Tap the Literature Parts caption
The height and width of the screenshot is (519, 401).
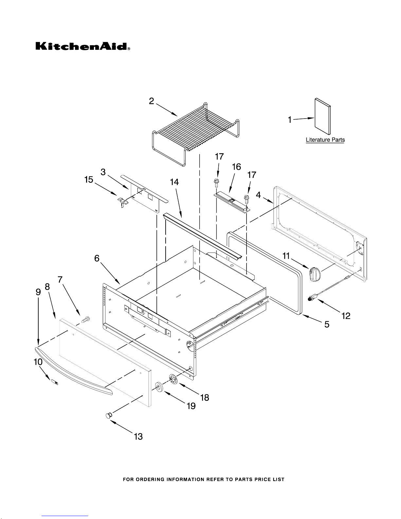325,140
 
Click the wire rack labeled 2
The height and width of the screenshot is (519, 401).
196,131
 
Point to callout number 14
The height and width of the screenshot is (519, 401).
174,182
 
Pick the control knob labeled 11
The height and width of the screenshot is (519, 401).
315,273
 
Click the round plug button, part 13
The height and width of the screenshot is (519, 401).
108,416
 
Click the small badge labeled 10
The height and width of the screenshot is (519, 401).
55,382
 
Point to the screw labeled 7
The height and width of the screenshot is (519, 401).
85,319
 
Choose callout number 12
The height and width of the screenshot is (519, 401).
346,316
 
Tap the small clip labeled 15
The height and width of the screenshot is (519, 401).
122,201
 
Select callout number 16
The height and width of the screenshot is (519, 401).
236,167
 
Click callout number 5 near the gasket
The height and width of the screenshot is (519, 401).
326,324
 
